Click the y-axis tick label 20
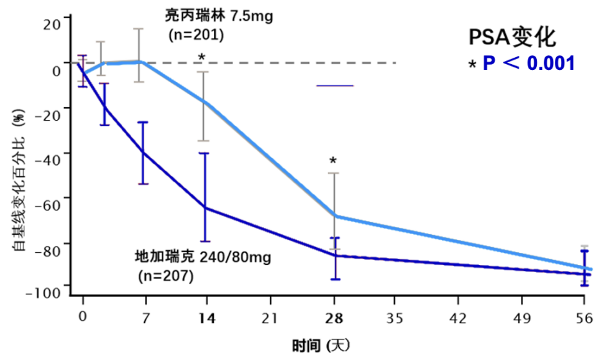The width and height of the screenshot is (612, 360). pos(52,24)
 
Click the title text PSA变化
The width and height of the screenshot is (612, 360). pos(511,37)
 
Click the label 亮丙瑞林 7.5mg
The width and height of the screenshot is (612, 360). pos(219,16)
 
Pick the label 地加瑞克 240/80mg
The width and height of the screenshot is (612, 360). pos(203,257)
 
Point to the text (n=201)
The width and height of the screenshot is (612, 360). pos(196,35)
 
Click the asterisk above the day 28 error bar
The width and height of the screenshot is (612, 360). pos(333,161)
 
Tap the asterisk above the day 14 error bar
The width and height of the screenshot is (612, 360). pos(202,58)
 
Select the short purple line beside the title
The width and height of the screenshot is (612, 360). pos(335,85)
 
